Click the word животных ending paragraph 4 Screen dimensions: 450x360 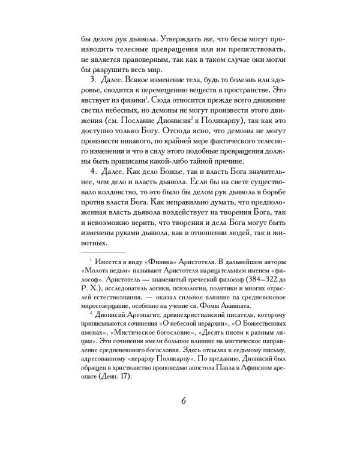pyautogui.click(x=94, y=243)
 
